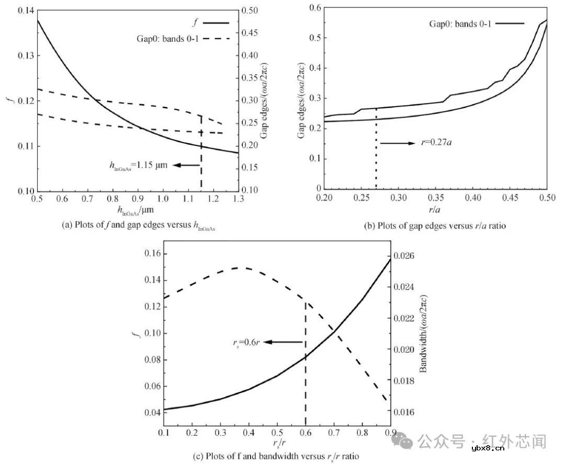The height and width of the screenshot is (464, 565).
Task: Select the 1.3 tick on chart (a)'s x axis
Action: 238,200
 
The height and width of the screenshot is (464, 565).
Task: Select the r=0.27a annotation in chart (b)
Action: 437,142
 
